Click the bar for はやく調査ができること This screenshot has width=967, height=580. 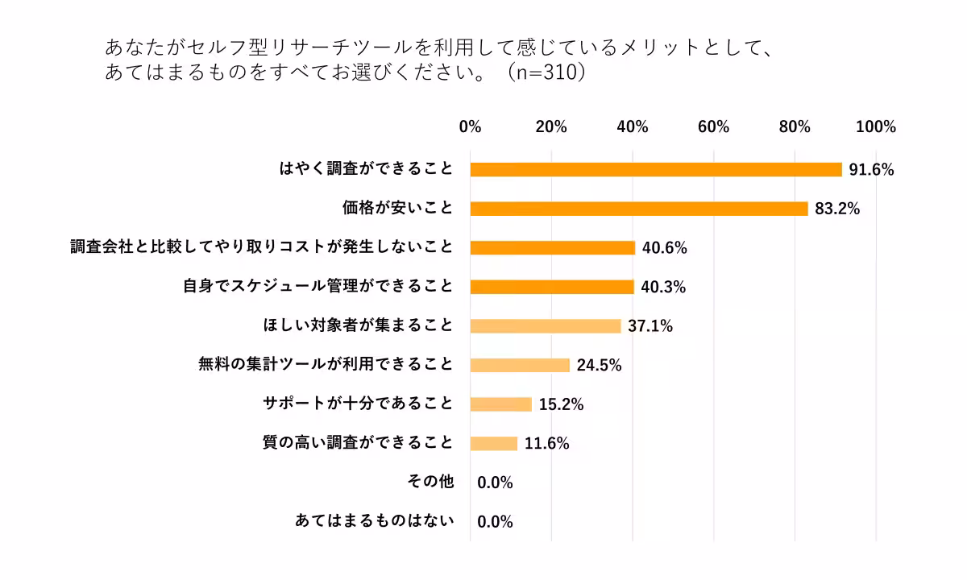656,169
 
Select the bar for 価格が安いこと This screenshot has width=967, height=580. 639,209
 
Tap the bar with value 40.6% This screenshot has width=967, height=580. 553,247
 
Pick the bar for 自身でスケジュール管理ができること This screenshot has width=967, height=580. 552,287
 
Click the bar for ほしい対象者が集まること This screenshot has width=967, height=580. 546,326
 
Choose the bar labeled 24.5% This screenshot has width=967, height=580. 520,365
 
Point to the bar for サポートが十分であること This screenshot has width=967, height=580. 501,404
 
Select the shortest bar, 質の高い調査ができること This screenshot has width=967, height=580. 494,443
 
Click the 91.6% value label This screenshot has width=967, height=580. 871,170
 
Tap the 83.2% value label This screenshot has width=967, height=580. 837,209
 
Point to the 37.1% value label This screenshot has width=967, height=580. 650,326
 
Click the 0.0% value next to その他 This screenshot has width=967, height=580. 496,483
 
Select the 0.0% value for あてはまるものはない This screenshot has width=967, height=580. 496,522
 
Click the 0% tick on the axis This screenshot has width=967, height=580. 470,127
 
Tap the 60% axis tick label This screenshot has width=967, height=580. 713,127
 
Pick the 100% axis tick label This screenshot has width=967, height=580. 875,127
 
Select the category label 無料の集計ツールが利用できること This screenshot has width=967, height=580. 326,364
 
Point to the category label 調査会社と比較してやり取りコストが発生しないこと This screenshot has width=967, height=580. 262,246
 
